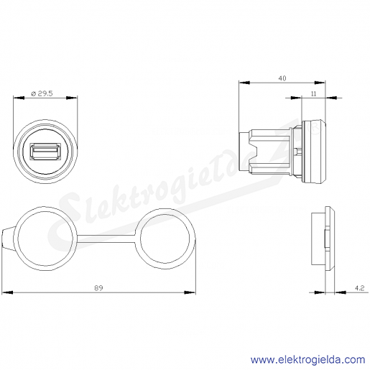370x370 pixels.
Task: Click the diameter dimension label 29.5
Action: pyautogui.click(x=42, y=93)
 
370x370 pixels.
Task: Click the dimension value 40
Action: pyautogui.click(x=282, y=78)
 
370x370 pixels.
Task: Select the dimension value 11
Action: pyautogui.click(x=313, y=93)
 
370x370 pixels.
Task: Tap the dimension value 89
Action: pyautogui.click(x=98, y=287)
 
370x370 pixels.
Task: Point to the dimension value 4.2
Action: pyautogui.click(x=359, y=288)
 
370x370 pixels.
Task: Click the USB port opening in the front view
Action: pyautogui.click(x=45, y=151)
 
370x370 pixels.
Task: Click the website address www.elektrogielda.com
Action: pyautogui.click(x=307, y=360)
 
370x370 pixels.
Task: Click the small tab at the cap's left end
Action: pyautogui.click(x=7, y=239)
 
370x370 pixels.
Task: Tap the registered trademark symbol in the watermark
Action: pyautogui.click(x=315, y=129)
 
